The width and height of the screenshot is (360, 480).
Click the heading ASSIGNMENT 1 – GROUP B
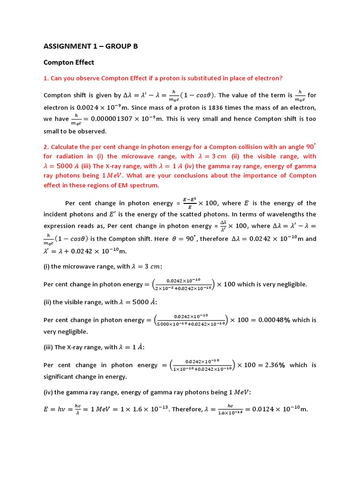[x=91, y=46]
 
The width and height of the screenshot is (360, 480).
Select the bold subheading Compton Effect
[x=69, y=62]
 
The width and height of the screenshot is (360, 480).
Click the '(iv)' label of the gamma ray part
[x=49, y=392]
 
